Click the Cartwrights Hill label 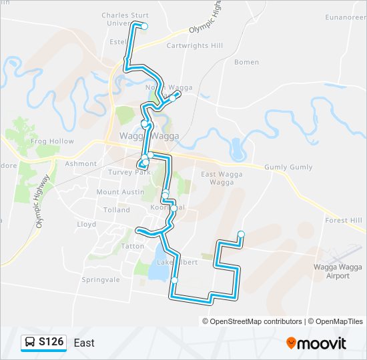[194, 45]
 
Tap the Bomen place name [246, 62]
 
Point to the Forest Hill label [343, 220]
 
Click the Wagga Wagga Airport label [332, 271]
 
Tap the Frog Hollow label [52, 141]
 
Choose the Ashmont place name [81, 163]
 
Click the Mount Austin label [120, 192]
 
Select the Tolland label [117, 209]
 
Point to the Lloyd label [87, 225]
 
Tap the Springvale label [99, 279]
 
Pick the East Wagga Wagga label [217, 177]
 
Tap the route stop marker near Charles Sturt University [144, 27]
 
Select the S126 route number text [51, 343]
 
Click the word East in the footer [84, 343]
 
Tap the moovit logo [316, 343]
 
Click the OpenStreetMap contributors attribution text [256, 321]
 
